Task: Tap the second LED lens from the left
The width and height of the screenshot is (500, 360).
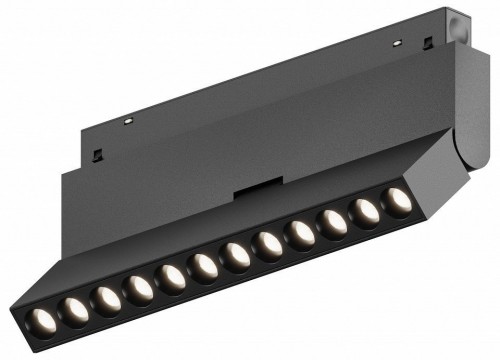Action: (76, 309)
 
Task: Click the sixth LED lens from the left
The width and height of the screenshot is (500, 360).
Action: (203, 266)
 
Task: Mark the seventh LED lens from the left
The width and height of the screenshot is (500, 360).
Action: (236, 255)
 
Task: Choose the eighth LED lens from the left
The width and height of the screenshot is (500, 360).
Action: (267, 244)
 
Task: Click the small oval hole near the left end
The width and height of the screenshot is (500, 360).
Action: (129, 120)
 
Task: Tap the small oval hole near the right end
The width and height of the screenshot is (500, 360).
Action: (398, 44)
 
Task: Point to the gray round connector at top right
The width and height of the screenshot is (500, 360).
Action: (457, 22)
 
